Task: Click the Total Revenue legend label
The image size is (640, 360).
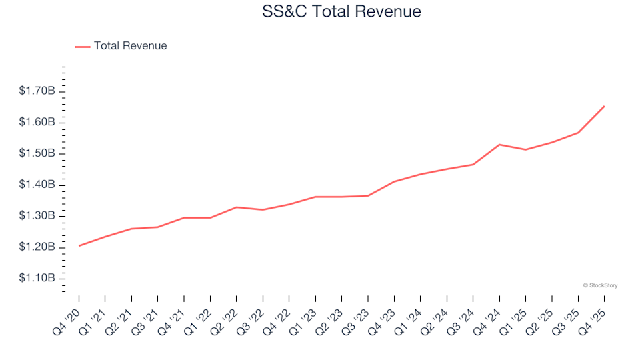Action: coord(130,46)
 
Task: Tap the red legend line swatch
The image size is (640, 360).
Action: coord(83,47)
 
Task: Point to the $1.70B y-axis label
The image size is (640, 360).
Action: coord(37,91)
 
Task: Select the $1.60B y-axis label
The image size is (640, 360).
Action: coord(37,122)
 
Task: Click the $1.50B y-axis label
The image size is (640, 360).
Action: coord(37,153)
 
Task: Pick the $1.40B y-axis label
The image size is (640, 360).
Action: coord(37,185)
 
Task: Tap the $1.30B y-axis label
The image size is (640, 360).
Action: coord(37,216)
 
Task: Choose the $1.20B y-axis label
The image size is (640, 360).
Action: coord(37,247)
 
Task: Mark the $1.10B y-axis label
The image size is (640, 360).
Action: coord(37,278)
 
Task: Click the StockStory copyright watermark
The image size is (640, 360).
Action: coord(600,285)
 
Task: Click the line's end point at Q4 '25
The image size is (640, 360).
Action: coord(604,106)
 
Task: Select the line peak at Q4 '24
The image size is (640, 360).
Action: coord(499,145)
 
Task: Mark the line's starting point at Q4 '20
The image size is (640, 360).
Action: coord(79,246)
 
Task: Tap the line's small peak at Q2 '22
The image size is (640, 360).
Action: coord(237,207)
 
